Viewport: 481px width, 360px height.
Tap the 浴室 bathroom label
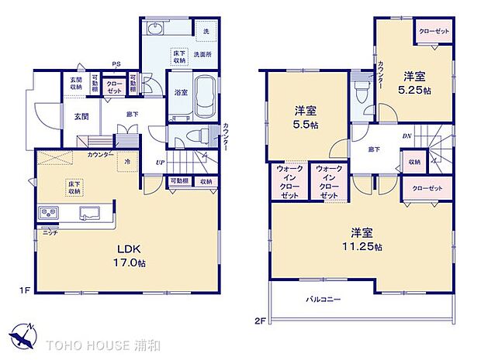pyautogui.click(x=179, y=92)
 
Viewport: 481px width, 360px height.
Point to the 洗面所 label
pyautogui.click(x=203, y=54)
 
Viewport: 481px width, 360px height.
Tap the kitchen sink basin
pyautogui.click(x=87, y=214)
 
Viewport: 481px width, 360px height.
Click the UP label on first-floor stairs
pyautogui.click(x=160, y=163)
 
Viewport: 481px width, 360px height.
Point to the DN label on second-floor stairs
pyautogui.click(x=407, y=136)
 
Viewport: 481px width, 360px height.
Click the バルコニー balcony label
pyautogui.click(x=322, y=298)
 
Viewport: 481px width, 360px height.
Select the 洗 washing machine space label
pyautogui.click(x=206, y=31)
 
